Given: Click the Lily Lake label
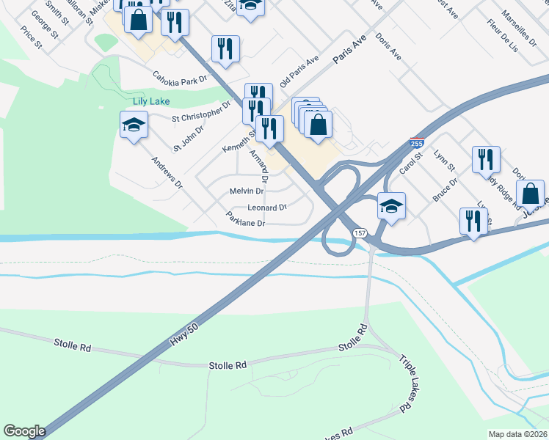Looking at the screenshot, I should coord(151,101).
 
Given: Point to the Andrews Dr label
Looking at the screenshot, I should coord(166,173).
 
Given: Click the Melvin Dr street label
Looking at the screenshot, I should coord(247,191).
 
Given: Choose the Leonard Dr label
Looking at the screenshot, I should coord(267,208).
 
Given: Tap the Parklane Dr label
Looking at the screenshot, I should coord(245,220).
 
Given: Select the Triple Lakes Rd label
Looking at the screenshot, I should coord(404,383).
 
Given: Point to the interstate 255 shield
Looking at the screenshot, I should coord(416,144).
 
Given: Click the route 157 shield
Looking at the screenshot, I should coord(359,232).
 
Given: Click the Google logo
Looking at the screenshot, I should coord(24,431).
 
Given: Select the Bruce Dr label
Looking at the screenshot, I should coord(445,189).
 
